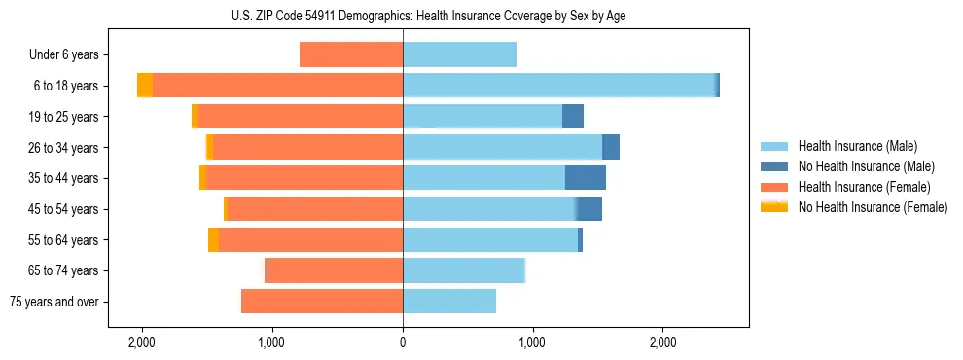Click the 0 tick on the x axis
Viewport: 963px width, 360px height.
(x=403, y=343)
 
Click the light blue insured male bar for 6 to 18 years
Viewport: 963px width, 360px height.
(x=559, y=86)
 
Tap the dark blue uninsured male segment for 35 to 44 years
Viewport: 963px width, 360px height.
(x=586, y=178)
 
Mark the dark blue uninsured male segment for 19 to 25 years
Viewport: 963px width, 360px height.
(x=573, y=117)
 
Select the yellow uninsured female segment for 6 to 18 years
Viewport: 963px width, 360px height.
(x=145, y=86)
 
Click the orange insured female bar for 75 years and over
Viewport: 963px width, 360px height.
(x=322, y=302)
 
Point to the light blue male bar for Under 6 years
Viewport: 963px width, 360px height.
(x=459, y=54)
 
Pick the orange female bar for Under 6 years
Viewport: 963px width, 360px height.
(x=351, y=54)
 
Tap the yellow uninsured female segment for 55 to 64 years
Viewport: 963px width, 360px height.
(x=213, y=240)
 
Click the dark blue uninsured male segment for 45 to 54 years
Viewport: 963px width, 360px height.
(x=589, y=209)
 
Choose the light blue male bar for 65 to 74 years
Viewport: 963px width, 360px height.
(x=464, y=270)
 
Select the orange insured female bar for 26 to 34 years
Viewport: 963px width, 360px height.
(x=308, y=147)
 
